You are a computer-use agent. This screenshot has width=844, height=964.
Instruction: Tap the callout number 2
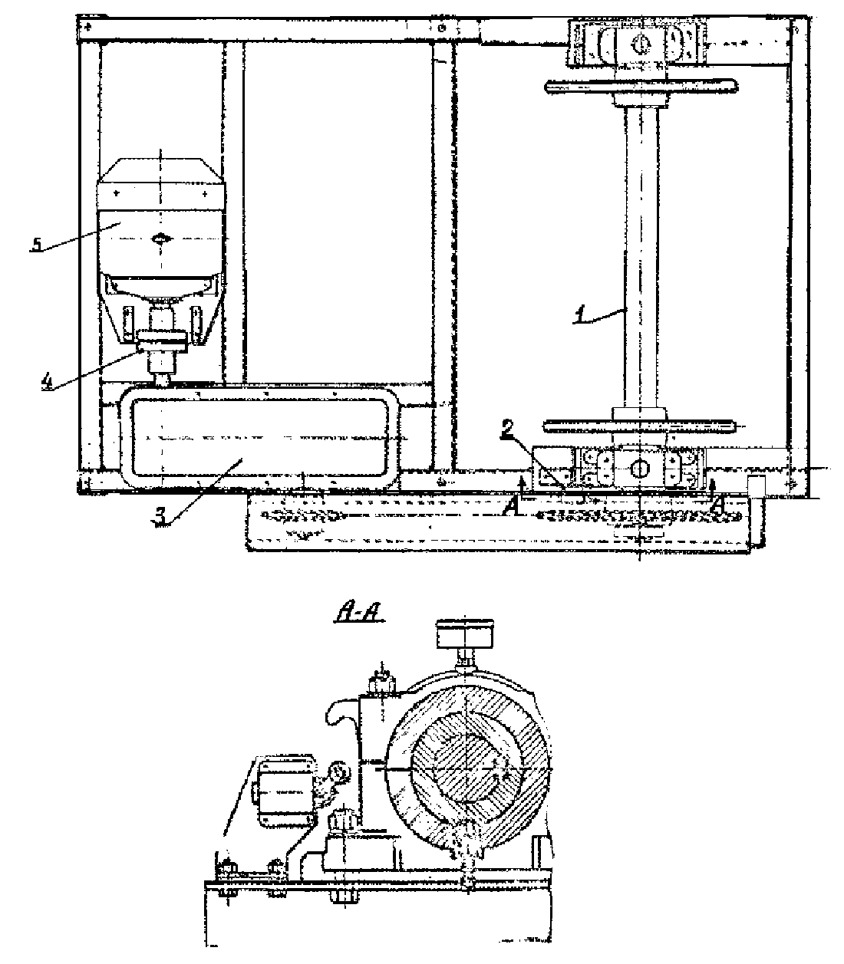[x=507, y=429]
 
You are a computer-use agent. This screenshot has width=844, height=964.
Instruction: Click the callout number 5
[x=36, y=244]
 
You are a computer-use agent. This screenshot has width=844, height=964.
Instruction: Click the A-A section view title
[x=359, y=614]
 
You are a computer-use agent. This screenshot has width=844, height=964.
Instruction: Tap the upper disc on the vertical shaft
[x=641, y=87]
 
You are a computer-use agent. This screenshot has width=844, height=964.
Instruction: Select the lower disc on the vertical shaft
[x=638, y=426]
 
